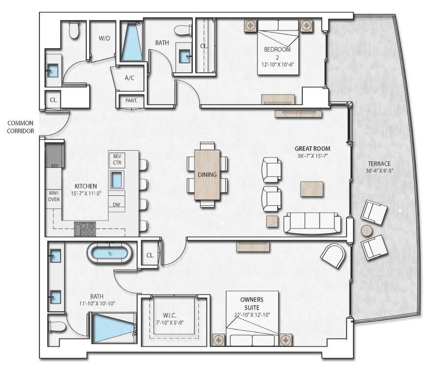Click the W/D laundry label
point(104,38)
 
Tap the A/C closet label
point(130,78)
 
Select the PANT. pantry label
point(131,100)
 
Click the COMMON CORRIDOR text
point(21,127)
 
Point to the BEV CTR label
point(117,159)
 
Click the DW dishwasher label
point(116,204)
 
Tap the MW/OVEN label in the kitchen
point(53,196)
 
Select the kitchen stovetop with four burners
point(84,229)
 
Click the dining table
point(208,174)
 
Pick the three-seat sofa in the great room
point(312,222)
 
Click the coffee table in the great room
point(312,189)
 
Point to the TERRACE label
point(379,164)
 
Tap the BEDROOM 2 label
point(277,53)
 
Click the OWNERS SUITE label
point(251,303)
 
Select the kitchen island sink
point(117,180)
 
